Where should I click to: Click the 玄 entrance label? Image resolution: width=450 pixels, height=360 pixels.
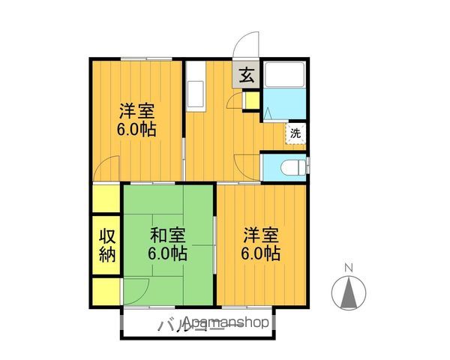(x=246, y=76)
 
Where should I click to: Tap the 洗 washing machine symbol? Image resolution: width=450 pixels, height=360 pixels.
(x=295, y=133)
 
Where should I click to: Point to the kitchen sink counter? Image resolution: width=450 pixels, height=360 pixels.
(x=193, y=88)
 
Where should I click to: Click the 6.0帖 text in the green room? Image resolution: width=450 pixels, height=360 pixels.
(x=167, y=253)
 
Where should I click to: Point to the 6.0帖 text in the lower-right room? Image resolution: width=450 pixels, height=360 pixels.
(x=260, y=253)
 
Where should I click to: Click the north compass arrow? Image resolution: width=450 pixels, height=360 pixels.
(x=347, y=293)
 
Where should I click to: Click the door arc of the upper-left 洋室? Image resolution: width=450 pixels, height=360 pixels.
(x=110, y=168)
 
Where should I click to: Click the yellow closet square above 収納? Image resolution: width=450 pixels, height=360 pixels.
(x=106, y=200)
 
